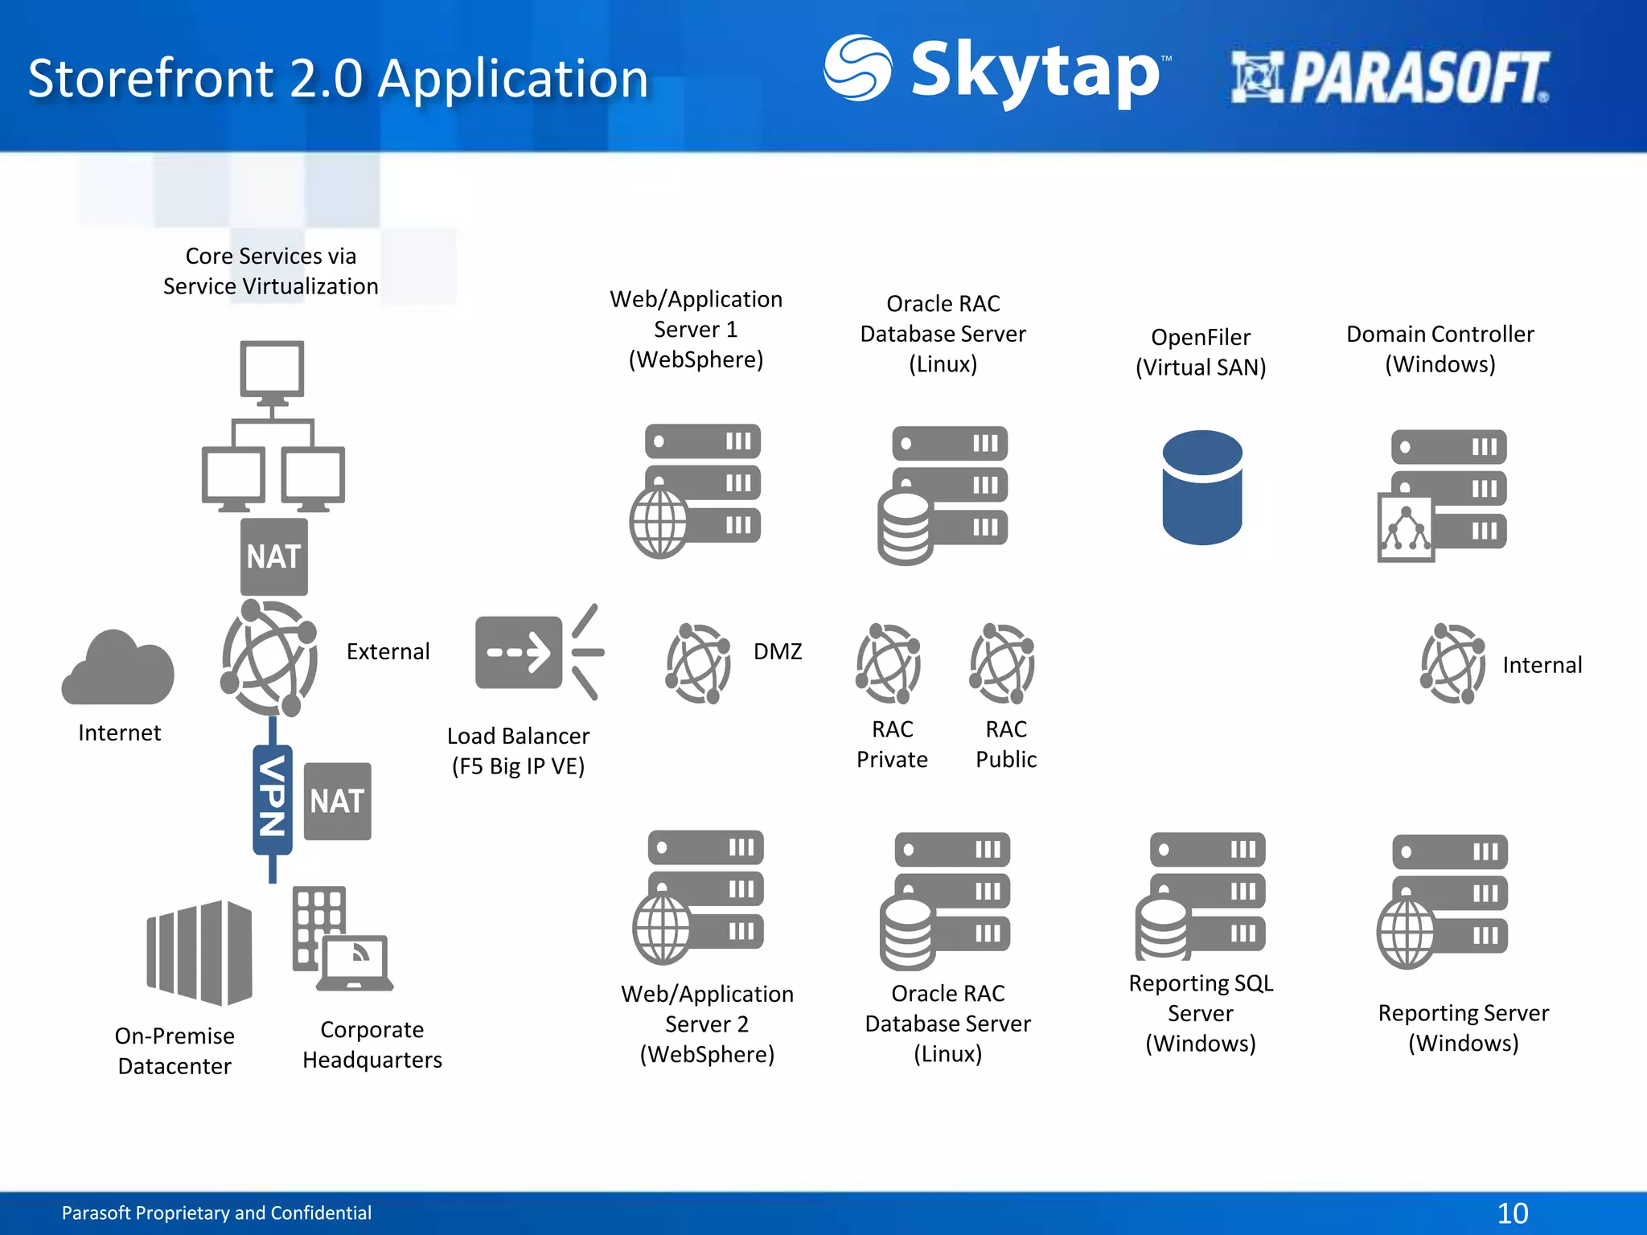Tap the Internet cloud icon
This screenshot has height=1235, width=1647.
pyautogui.click(x=118, y=667)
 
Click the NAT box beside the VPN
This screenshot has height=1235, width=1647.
pyautogui.click(x=338, y=801)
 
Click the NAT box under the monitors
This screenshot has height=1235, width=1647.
pyautogui.click(x=273, y=556)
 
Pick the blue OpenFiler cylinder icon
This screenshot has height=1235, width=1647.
pyautogui.click(x=1201, y=487)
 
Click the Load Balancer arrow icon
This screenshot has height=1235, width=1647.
pyautogui.click(x=537, y=652)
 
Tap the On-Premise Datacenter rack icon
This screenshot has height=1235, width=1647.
pyautogui.click(x=199, y=953)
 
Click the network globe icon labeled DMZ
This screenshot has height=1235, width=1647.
pyautogui.click(x=697, y=663)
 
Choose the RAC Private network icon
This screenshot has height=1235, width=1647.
pyautogui.click(x=888, y=663)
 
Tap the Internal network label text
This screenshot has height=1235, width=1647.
pyautogui.click(x=1542, y=665)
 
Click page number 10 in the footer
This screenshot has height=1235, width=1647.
pyautogui.click(x=1512, y=1212)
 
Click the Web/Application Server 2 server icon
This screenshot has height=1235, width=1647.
pyautogui.click(x=698, y=896)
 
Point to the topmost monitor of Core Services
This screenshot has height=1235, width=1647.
pyautogui.click(x=272, y=370)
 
